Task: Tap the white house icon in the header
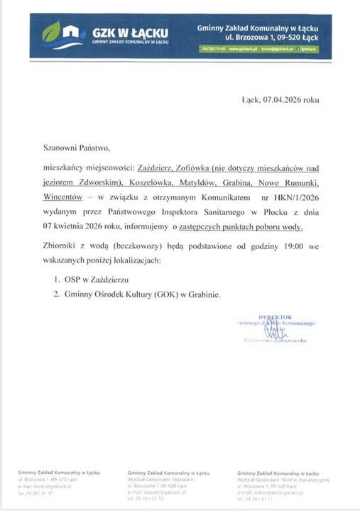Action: pyautogui.click(x=71, y=32)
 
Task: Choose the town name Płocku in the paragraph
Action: pyautogui.click(x=264, y=214)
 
